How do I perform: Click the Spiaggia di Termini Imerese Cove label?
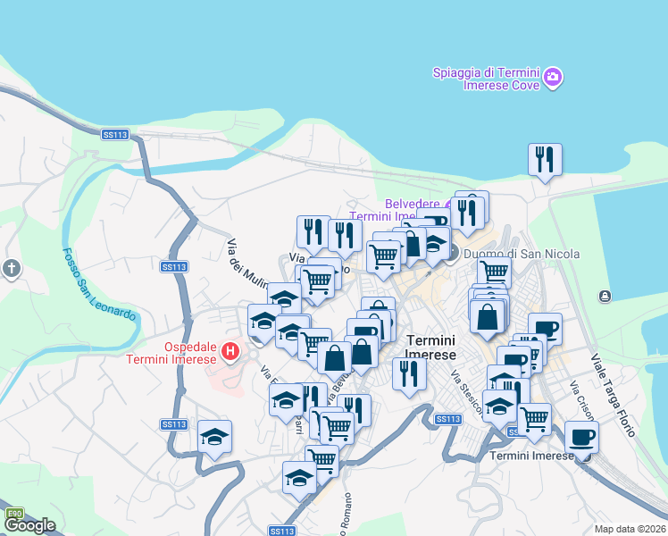point(486,79)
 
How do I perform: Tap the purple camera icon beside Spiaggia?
point(553,79)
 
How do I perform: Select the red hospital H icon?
point(231,352)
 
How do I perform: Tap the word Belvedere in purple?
point(413,204)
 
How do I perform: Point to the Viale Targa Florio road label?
point(612,393)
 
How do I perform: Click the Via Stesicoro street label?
point(466,393)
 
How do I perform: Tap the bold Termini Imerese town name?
point(430,347)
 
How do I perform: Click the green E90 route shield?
point(14,514)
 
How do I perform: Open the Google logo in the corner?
point(29,525)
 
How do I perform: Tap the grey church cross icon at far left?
point(11,267)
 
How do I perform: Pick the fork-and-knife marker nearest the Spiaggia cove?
point(545,160)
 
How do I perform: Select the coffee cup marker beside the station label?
point(581,437)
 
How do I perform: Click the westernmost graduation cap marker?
point(214,437)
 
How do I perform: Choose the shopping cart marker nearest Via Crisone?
point(534,417)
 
